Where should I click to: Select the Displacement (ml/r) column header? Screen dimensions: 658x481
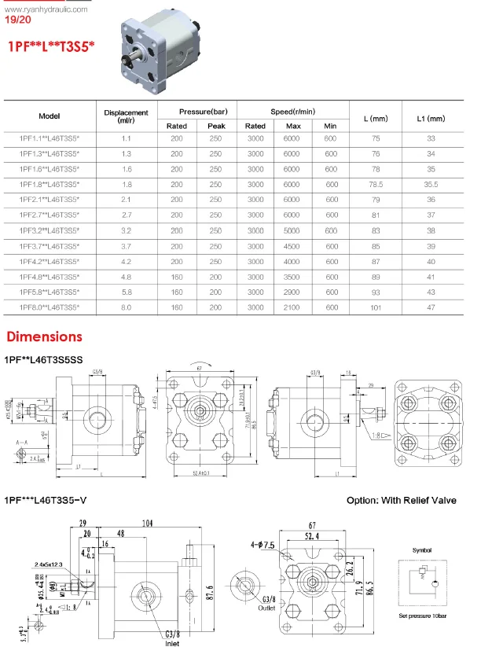point(126,117)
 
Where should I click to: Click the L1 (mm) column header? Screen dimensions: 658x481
point(430,119)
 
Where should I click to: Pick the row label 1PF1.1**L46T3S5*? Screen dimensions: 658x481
point(50,138)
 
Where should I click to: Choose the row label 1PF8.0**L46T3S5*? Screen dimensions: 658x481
point(50,307)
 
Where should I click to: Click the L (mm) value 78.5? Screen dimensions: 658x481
point(376,184)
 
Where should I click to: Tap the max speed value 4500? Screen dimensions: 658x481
point(293,246)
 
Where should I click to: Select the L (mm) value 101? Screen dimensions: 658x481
point(376,307)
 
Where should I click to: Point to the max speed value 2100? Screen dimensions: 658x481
point(293,307)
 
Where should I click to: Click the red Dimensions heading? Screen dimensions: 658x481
point(44,336)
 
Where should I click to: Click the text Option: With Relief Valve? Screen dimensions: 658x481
point(401,500)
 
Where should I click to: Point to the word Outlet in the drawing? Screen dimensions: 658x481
point(246,607)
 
